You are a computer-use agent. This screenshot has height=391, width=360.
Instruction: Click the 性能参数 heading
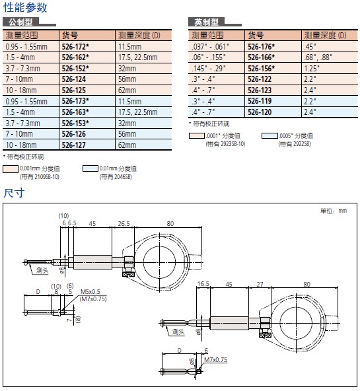coord(25,7)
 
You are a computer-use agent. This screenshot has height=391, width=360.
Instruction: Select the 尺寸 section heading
coord(14,193)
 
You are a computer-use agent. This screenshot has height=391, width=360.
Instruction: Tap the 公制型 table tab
coord(20,22)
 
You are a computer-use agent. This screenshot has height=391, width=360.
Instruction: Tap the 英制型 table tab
coord(207,22)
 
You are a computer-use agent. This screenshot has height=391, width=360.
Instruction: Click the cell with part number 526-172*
coord(75,47)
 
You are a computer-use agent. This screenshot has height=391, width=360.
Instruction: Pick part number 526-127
coord(73,145)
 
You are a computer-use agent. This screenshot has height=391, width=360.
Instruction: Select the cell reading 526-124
coord(73,79)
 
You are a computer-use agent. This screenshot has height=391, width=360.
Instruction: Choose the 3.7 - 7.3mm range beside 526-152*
coord(22,69)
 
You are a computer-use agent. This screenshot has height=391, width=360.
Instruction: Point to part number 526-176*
coord(262,47)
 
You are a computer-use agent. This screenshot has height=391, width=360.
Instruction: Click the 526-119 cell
coord(260,101)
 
